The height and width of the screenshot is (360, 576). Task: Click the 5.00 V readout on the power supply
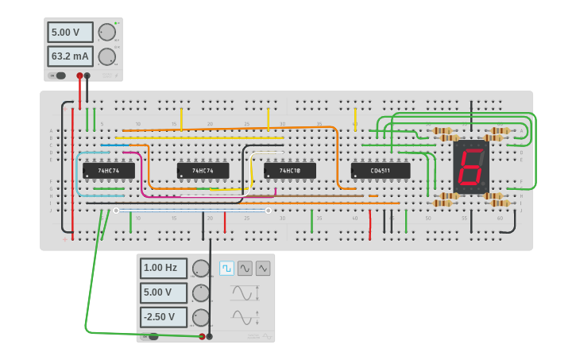click(x=70, y=33)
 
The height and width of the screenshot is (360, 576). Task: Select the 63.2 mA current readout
click(x=70, y=56)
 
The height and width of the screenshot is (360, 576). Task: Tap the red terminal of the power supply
click(x=79, y=76)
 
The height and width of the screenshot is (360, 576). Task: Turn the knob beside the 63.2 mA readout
click(x=106, y=56)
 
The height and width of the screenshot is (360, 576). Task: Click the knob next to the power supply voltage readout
click(x=106, y=32)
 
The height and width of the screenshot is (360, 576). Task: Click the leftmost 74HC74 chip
click(x=108, y=171)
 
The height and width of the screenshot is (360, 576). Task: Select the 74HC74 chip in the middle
click(x=203, y=171)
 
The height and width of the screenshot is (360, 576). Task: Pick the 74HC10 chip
click(x=290, y=171)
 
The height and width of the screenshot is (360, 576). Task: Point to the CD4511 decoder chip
click(x=381, y=171)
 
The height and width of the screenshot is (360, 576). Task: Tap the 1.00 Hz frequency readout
click(x=164, y=268)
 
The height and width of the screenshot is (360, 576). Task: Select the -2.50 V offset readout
click(x=164, y=317)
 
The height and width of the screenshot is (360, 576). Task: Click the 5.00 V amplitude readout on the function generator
click(x=164, y=292)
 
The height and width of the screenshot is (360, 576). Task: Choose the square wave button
click(x=226, y=269)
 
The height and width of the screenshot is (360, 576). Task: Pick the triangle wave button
click(x=262, y=269)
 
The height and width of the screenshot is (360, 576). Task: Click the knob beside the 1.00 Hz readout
click(x=201, y=269)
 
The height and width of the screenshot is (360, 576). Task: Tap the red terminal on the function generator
click(x=202, y=336)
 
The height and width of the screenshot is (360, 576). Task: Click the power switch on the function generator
click(x=151, y=337)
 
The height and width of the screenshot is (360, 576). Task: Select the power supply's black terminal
click(x=87, y=76)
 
